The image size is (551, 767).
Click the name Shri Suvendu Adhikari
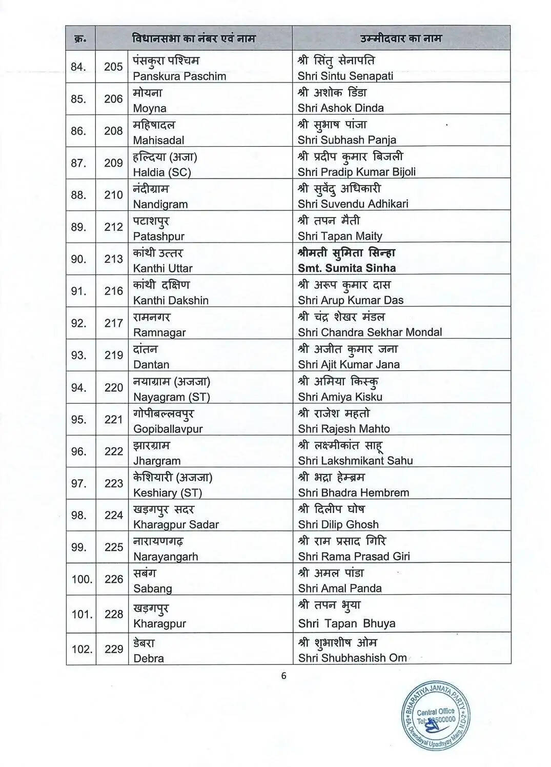click(353, 204)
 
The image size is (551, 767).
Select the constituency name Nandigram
click(160, 204)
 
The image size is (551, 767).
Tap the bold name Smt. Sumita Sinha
click(346, 268)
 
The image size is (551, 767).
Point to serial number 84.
click(78, 67)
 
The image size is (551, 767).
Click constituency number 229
click(113, 649)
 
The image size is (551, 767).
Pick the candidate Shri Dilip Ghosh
click(338, 524)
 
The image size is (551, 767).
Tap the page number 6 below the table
click(283, 676)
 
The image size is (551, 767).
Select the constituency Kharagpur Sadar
click(176, 524)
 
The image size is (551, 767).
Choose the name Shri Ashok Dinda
click(340, 108)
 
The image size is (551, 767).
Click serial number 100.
click(81, 579)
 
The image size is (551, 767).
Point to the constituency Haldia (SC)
click(162, 172)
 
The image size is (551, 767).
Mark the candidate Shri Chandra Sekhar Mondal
click(370, 332)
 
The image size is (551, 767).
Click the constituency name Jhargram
click(157, 461)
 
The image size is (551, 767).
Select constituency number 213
click(113, 259)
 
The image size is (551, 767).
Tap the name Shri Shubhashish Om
click(352, 658)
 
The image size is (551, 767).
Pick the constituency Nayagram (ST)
click(171, 397)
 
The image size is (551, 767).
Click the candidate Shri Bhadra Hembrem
click(353, 493)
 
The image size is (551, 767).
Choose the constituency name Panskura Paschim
click(179, 76)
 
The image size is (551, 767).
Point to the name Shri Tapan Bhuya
click(346, 623)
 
